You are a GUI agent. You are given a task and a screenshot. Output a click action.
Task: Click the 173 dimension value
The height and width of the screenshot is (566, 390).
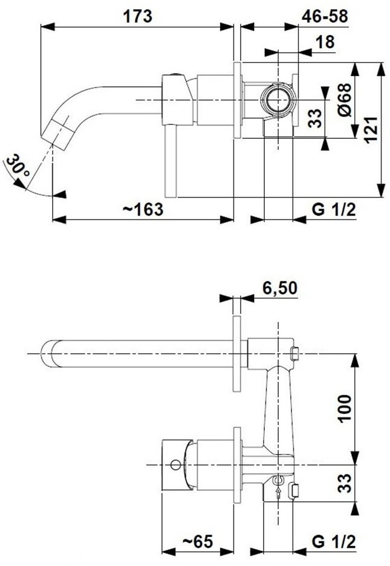point(138,16)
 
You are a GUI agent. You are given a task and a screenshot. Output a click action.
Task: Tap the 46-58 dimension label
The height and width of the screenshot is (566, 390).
point(325,16)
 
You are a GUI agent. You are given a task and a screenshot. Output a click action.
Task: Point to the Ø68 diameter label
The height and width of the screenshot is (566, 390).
point(345,100)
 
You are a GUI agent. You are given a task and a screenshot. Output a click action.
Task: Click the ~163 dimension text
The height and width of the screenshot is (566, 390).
point(143,210)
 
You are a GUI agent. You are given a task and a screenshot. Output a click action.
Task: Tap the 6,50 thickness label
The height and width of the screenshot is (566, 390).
point(280,288)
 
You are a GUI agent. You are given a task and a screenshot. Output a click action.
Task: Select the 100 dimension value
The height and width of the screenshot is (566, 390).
point(345,408)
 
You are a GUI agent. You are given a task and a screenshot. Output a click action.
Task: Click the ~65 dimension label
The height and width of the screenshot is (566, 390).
point(197,541)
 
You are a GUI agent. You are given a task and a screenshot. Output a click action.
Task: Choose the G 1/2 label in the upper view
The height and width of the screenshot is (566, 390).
point(334,210)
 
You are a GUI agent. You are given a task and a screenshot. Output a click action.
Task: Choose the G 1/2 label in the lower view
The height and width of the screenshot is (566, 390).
point(334,541)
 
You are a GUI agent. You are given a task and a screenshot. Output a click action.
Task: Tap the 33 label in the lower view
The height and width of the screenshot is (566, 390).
point(345,483)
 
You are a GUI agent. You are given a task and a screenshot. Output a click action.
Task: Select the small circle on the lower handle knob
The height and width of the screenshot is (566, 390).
point(175,465)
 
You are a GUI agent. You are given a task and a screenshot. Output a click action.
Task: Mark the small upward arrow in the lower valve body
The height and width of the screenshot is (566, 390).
point(278,493)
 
